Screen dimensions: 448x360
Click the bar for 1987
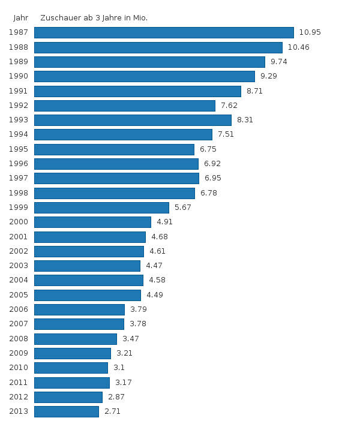(164, 32)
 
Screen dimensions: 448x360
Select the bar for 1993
(133, 120)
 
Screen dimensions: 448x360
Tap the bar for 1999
(101, 208)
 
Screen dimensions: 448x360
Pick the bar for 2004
(89, 280)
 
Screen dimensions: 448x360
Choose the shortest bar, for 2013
(67, 411)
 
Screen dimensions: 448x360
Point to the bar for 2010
(71, 368)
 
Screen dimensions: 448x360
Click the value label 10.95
(310, 32)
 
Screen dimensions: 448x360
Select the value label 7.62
(229, 106)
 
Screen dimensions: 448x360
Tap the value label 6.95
(213, 178)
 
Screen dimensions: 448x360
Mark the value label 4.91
(164, 222)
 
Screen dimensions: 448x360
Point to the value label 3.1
(119, 368)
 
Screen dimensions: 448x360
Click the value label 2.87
(116, 397)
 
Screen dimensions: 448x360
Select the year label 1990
(19, 76)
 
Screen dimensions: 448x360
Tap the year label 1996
(19, 164)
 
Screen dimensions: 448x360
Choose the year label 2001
(19, 236)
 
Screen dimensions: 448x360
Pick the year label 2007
(19, 324)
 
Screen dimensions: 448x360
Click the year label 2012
(19, 397)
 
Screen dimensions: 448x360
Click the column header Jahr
(21, 18)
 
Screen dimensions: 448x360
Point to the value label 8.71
(254, 91)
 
